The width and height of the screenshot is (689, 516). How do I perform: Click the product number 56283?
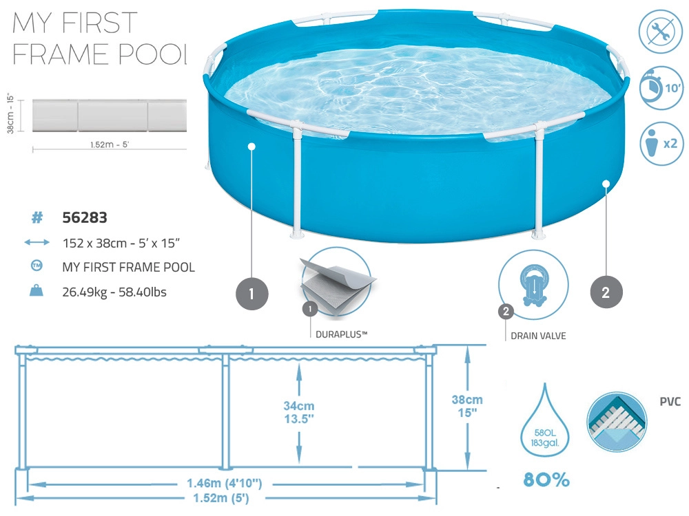85,217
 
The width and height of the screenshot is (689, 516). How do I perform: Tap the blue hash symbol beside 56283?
37,217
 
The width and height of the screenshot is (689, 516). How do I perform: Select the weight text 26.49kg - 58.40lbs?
114,292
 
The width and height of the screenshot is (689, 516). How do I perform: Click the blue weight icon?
37,290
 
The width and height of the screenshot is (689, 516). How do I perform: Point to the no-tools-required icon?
661,32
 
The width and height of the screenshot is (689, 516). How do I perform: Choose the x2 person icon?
661,144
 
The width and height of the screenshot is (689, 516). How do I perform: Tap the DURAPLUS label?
342,334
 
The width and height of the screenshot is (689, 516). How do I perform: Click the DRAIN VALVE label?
538,336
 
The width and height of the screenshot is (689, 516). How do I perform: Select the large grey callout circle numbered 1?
251,294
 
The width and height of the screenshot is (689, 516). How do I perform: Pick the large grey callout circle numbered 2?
606,292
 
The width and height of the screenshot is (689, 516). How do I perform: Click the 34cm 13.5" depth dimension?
299,412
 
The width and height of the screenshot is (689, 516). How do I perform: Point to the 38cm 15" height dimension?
467,406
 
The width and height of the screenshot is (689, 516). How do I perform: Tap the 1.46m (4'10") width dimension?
225,484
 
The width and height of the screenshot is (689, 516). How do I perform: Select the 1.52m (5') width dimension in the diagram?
221,498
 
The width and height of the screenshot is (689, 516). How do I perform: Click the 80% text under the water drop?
546,480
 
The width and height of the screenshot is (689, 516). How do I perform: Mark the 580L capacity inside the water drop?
545,433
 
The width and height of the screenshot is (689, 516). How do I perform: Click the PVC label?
670,402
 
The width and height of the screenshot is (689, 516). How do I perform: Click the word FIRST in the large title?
100,23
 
